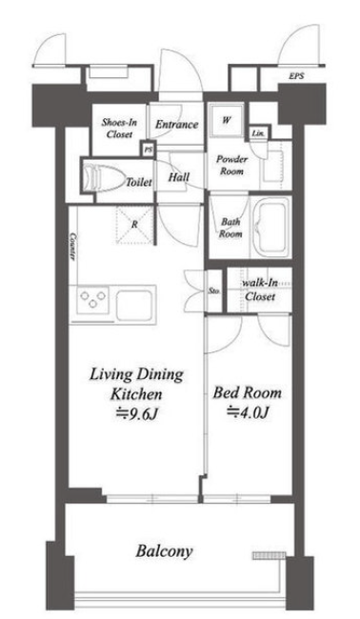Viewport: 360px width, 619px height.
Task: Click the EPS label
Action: (x=296, y=76)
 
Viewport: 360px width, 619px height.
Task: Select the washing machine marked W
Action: (x=226, y=120)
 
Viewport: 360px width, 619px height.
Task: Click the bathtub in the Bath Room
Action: (x=270, y=227)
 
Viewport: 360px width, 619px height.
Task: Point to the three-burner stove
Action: (x=93, y=300)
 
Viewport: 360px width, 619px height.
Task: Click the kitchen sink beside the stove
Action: (x=133, y=305)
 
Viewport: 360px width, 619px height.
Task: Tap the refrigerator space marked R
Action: (x=134, y=224)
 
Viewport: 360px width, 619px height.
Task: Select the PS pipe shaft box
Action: (x=149, y=150)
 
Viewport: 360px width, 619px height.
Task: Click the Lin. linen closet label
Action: (x=258, y=133)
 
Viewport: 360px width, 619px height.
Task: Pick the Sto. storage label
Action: (x=214, y=291)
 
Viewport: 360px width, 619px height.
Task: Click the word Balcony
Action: (x=164, y=551)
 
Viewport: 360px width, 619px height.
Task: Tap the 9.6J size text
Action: (x=137, y=413)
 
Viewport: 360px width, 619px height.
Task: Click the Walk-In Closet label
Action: (x=260, y=290)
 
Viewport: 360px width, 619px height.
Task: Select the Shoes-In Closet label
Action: (x=119, y=128)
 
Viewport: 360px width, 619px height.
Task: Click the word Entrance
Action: (x=176, y=125)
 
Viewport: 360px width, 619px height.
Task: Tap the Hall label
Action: (x=179, y=177)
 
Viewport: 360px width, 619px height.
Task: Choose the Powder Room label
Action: (x=231, y=165)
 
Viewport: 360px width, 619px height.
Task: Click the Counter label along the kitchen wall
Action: (x=72, y=246)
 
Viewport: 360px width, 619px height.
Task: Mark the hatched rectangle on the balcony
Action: (x=269, y=555)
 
